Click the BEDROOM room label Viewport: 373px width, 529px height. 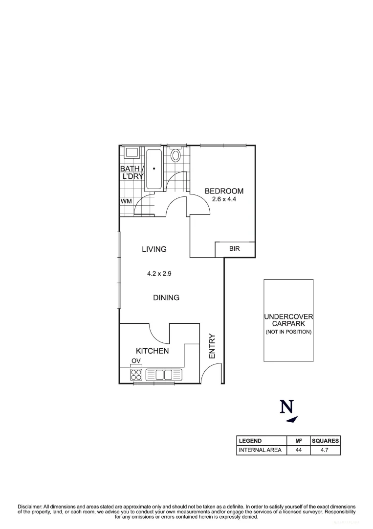224,191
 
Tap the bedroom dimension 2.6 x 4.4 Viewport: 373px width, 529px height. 224,199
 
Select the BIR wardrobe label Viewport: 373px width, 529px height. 235,249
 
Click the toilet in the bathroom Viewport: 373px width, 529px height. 176,156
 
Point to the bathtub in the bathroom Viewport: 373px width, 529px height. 154,169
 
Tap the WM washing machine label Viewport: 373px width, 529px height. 126,201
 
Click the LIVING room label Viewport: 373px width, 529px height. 154,249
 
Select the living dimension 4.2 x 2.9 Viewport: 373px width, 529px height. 159,274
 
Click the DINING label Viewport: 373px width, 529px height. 166,297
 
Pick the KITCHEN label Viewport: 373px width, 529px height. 152,351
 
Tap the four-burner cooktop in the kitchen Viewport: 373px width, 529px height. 136,375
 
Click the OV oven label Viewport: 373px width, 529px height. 136,361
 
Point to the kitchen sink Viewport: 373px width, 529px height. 164,375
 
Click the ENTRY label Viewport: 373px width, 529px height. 212,346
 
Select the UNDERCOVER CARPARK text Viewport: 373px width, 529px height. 288,320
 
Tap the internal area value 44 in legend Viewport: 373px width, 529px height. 298,450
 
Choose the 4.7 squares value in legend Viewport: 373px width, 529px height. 325,450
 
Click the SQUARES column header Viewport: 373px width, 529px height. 325,440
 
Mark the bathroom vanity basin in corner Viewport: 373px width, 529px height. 132,152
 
